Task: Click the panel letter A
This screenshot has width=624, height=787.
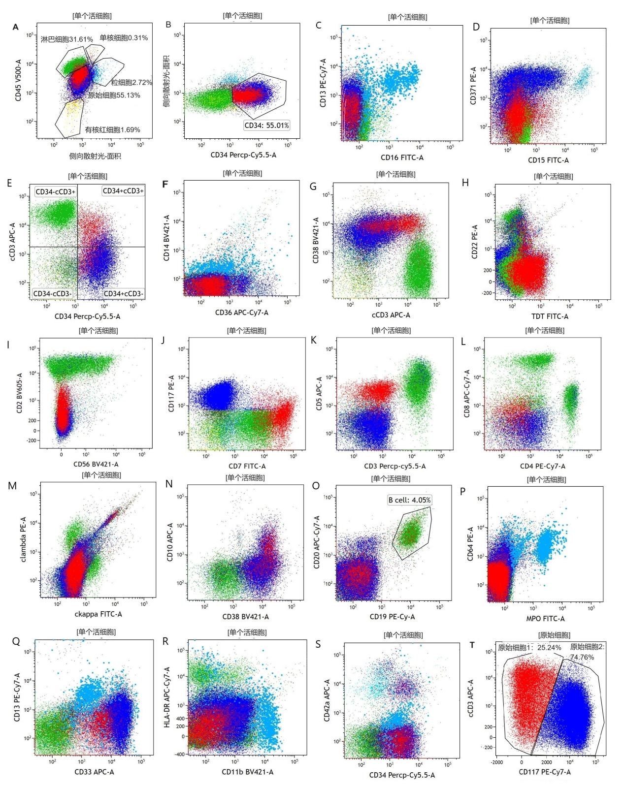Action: (x=16, y=27)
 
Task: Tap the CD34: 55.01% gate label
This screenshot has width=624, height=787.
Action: (x=267, y=126)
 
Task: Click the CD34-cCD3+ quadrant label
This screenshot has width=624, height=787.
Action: (x=56, y=191)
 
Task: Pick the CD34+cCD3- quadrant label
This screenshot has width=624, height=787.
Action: (x=123, y=294)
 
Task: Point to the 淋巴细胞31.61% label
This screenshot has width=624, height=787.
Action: (x=66, y=39)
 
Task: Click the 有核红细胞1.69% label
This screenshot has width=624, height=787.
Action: (x=112, y=130)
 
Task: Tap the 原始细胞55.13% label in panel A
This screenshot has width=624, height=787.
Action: (x=114, y=95)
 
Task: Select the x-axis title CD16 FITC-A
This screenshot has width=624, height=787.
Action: (x=402, y=157)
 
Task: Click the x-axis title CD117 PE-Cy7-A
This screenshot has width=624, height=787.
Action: (x=545, y=772)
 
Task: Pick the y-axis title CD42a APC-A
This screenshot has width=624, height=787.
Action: (x=327, y=701)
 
